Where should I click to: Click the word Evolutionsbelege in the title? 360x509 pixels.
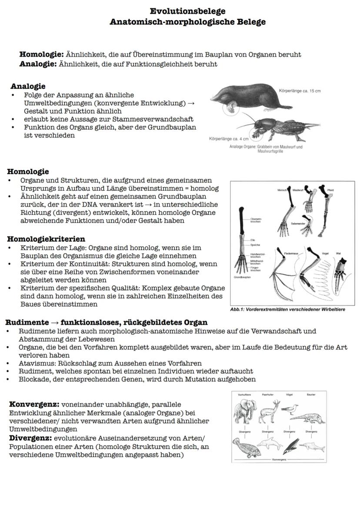pyautogui.click(x=187, y=11)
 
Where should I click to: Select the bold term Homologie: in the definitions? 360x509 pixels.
pyautogui.click(x=41, y=55)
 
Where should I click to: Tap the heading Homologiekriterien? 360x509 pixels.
pyautogui.click(x=46, y=239)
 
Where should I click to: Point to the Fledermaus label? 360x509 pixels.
pyautogui.click(x=290, y=253)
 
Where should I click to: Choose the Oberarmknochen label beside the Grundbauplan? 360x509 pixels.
pyautogui.click(x=255, y=220)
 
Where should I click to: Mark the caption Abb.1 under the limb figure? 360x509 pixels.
pyautogui.click(x=287, y=309)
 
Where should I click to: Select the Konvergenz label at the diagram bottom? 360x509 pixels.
pyautogui.click(x=278, y=459)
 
